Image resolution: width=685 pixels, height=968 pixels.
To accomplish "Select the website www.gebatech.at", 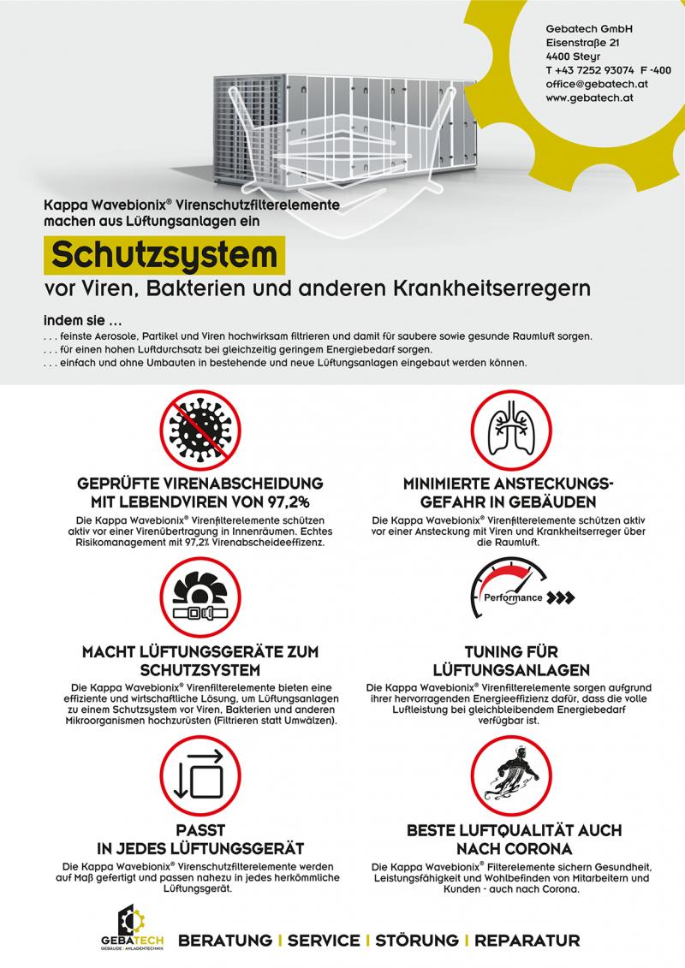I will [x=589, y=98].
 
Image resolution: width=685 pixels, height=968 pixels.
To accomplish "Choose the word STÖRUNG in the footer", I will [x=417, y=940].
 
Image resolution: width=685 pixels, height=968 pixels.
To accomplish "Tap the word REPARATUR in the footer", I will [x=527, y=940].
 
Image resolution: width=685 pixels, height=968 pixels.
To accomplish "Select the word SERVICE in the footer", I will [x=324, y=940].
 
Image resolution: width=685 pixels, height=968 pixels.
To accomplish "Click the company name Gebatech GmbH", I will [x=589, y=28].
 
